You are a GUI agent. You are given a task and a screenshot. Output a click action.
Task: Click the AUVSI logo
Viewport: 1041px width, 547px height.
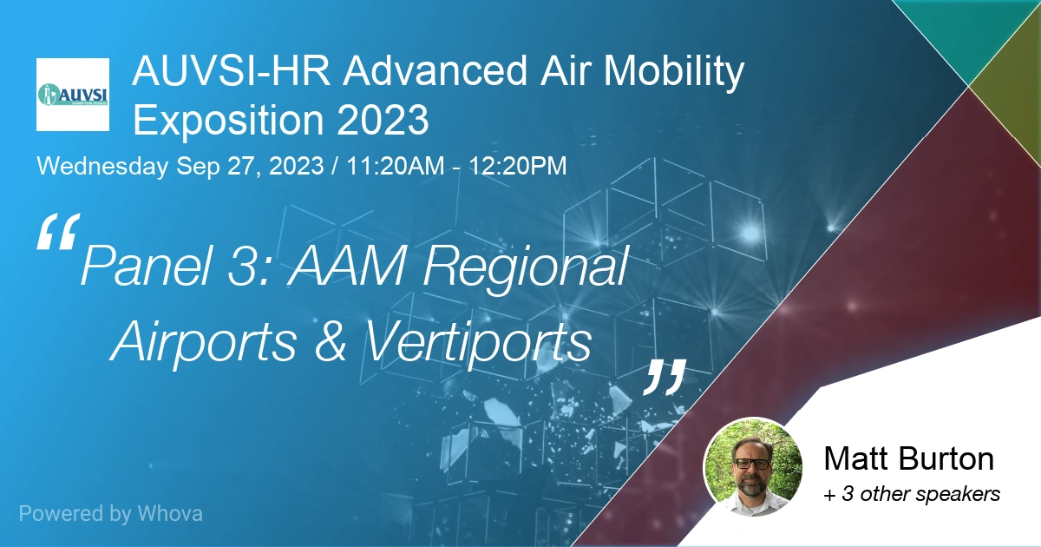pyautogui.click(x=73, y=95)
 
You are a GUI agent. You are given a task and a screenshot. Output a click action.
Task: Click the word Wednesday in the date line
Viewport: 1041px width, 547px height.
pyautogui.click(x=103, y=167)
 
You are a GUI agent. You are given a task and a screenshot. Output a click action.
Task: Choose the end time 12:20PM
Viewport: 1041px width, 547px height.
pyautogui.click(x=518, y=167)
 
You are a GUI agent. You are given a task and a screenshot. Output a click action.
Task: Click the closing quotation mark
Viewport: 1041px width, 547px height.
pyautogui.click(x=665, y=376)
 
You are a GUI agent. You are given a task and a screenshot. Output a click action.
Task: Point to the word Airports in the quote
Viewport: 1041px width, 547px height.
pyautogui.click(x=204, y=342)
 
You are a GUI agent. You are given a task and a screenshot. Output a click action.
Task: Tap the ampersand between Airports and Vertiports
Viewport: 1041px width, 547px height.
pyautogui.click(x=330, y=342)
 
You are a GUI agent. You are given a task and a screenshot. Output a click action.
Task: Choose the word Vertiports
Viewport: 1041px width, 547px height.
pyautogui.click(x=478, y=342)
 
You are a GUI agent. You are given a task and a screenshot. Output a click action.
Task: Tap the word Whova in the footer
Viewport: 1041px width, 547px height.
pyautogui.click(x=170, y=513)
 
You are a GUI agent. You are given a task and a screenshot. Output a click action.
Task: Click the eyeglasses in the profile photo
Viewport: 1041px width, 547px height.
pyautogui.click(x=750, y=463)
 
